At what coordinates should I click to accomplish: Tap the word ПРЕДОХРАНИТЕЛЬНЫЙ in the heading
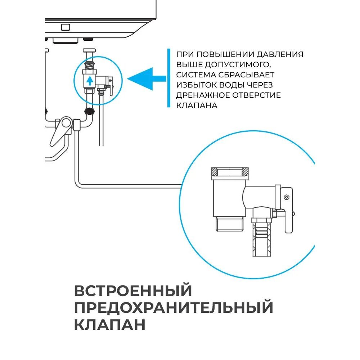[174, 308]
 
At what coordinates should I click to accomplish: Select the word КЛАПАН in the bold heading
[110, 325]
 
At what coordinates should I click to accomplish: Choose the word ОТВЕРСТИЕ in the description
[257, 95]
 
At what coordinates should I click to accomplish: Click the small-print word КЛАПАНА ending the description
[197, 105]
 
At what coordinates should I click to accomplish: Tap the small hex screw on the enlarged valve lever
[286, 197]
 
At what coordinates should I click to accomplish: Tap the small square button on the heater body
[66, 27]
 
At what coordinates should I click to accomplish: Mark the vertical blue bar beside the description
[168, 78]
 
